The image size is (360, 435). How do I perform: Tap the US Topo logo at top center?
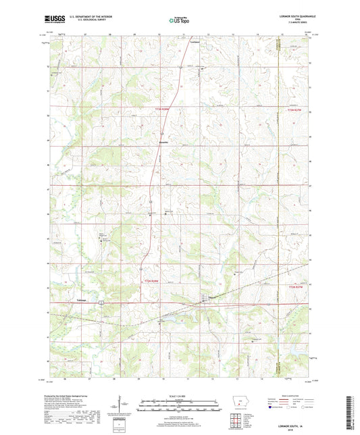point(178,20)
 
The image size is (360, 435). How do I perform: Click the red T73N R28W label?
point(165,109)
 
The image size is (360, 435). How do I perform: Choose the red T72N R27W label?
point(297,287)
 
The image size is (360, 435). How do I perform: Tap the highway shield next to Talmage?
point(99,301)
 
